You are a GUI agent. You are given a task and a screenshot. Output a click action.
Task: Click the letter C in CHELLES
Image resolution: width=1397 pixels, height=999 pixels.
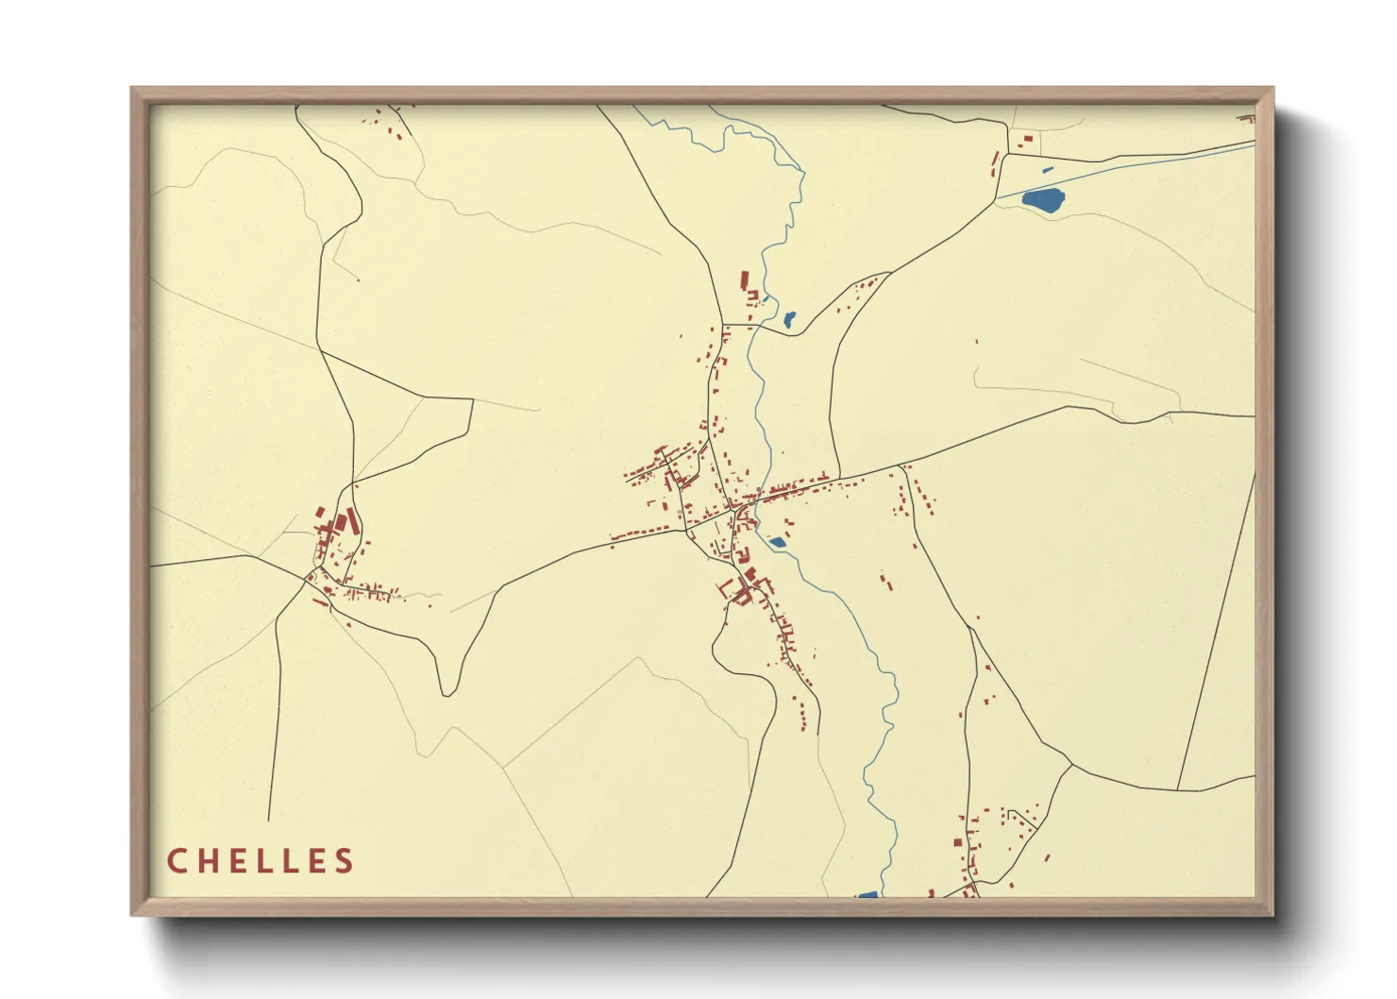coord(177,861)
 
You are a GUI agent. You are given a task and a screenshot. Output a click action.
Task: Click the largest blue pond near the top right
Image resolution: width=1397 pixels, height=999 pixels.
coord(1043,200)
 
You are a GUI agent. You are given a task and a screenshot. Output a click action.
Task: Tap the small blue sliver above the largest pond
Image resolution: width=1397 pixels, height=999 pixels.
coord(1047,171)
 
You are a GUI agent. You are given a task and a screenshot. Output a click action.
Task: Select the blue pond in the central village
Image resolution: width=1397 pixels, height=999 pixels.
coord(777,542)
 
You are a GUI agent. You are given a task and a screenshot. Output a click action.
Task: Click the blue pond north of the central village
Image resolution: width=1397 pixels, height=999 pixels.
coord(789,320)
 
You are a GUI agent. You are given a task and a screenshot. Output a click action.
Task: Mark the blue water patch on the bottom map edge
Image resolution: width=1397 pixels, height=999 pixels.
coord(867,894)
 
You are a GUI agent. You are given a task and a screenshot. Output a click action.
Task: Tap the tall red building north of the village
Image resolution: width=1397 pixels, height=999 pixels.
coord(744,280)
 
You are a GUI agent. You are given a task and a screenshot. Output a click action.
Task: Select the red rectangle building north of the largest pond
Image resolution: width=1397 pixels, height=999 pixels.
coord(1027,140)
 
